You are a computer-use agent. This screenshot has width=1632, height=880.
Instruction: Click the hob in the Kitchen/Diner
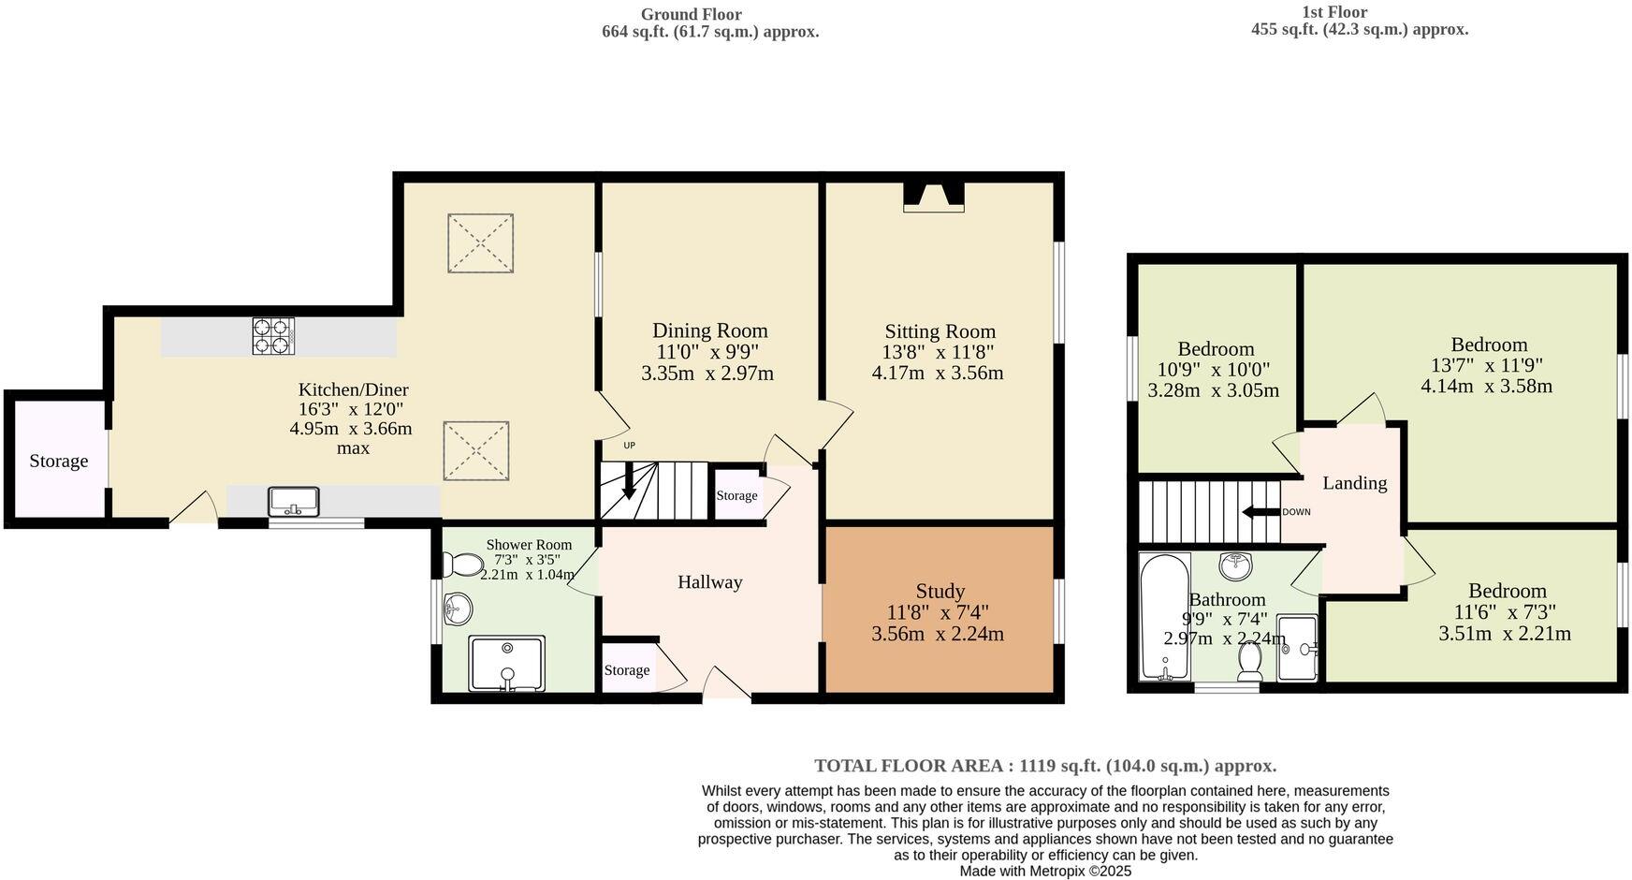272,336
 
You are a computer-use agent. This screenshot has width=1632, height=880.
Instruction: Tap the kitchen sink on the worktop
294,502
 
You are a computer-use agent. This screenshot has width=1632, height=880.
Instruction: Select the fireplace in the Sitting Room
933,197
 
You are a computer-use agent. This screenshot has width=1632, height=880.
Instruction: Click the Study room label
940,592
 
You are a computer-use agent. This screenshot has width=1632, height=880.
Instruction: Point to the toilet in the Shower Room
460,565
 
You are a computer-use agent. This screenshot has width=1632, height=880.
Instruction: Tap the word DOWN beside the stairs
1296,512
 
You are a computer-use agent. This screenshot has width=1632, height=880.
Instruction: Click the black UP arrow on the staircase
628,483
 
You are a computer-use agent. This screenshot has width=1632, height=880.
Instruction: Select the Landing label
1354,483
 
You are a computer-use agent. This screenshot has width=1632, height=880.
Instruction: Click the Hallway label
709,582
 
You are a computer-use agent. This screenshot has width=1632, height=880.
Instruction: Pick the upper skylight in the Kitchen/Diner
480,243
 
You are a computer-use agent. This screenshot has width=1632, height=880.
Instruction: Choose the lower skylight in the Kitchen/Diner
475,451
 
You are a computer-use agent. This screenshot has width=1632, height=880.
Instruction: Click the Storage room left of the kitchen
58,461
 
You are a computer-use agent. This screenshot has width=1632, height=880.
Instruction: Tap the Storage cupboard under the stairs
736,495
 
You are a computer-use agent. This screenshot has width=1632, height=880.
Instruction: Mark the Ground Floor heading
691,14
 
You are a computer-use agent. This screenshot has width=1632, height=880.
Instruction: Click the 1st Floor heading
1333,12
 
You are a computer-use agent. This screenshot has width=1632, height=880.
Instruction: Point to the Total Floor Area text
1044,766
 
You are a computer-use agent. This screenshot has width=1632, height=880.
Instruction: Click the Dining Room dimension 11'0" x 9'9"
707,352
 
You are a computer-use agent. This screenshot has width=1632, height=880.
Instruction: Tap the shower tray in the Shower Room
506,664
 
